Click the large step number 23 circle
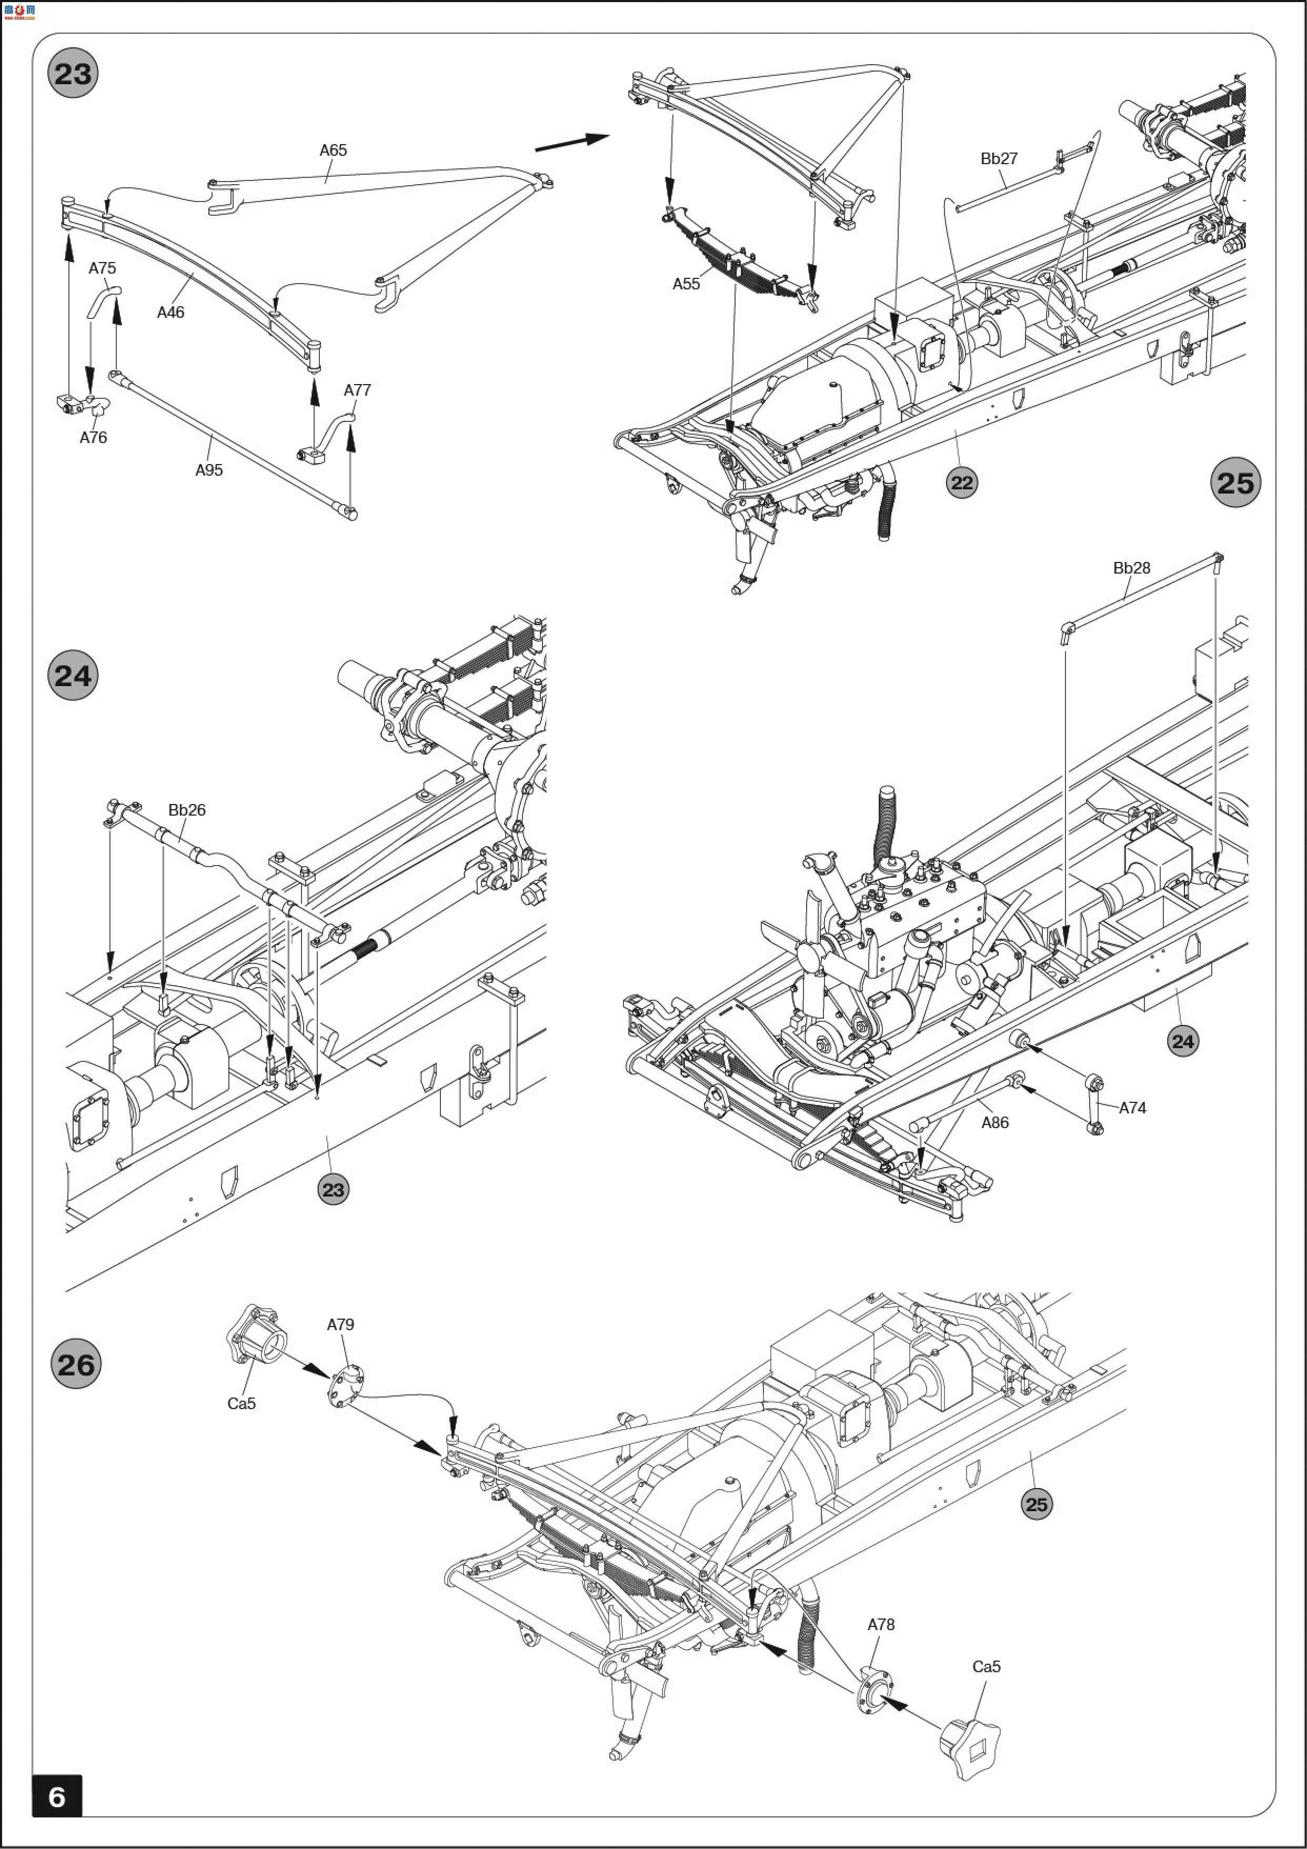(x=73, y=74)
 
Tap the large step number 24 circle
(x=73, y=675)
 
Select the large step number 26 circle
(x=76, y=1364)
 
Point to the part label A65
(x=333, y=150)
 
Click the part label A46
(x=170, y=313)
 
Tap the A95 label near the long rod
(x=208, y=470)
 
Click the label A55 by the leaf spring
(x=686, y=284)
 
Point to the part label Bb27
(x=999, y=159)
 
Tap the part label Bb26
(x=187, y=810)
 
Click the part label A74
(x=1132, y=1108)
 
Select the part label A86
(x=994, y=1123)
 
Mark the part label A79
(x=340, y=1325)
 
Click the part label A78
(x=880, y=1625)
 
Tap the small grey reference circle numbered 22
(x=961, y=483)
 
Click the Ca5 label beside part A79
(x=241, y=1404)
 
